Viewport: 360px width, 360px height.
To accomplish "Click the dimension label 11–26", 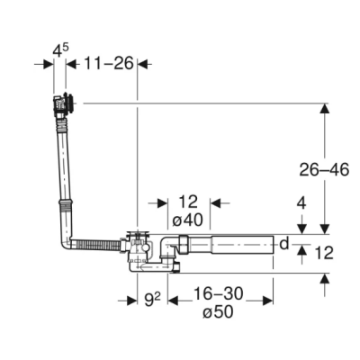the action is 108,63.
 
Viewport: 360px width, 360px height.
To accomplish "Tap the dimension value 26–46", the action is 324,170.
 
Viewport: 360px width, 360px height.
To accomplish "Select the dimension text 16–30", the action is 218,293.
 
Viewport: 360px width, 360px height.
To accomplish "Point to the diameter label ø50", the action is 218,312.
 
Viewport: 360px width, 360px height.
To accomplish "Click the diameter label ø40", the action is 188,220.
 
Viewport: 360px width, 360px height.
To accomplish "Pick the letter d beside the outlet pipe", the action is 284,244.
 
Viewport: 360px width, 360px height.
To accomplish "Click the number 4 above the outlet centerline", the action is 301,203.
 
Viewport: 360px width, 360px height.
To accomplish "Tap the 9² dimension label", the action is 152,300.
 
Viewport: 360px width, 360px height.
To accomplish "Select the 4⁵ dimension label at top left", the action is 60,49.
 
